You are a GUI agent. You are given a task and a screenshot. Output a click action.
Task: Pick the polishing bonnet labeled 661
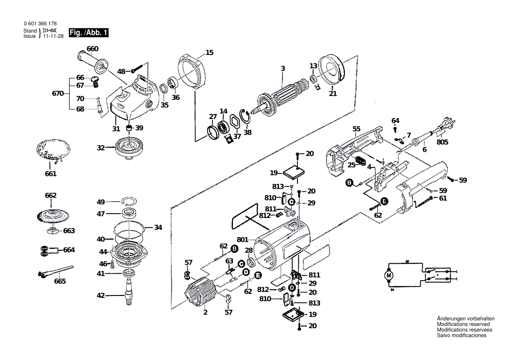(x=51, y=149)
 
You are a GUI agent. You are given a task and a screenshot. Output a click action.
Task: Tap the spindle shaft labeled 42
(x=129, y=294)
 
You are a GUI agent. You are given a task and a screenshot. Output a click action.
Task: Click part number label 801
(x=243, y=239)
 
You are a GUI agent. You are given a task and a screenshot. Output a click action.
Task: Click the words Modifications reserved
(x=463, y=324)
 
